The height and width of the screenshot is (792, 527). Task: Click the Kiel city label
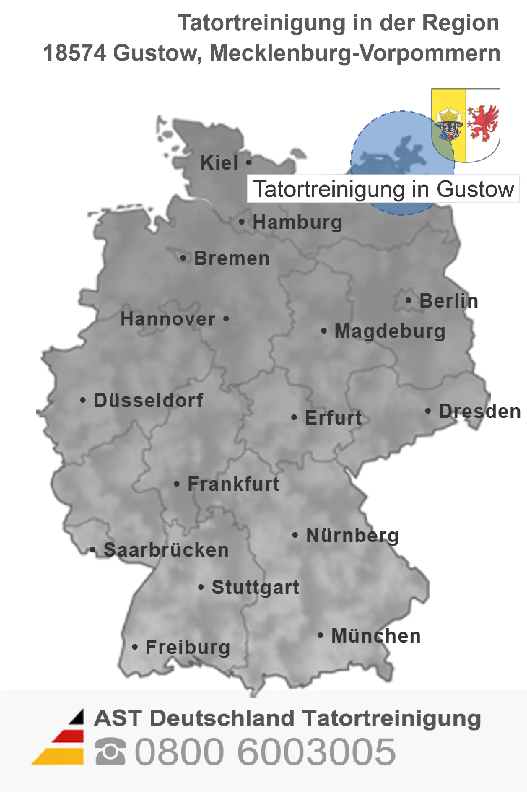tap(219, 163)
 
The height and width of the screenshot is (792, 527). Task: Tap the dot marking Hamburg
tap(241, 222)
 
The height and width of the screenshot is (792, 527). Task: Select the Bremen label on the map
tap(232, 258)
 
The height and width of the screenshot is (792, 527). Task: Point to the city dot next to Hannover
tap(226, 319)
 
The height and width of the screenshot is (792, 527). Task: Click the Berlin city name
tap(449, 301)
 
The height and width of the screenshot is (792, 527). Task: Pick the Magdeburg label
tap(390, 331)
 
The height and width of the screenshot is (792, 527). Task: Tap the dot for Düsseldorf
tap(83, 400)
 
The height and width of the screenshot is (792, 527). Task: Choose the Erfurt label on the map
tap(333, 418)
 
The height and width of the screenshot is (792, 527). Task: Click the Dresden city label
tap(480, 411)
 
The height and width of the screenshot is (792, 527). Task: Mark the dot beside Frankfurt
tap(177, 484)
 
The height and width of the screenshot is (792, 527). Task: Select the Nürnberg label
tap(352, 535)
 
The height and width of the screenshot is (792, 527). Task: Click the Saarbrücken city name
tap(166, 550)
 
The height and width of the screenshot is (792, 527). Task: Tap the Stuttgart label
tap(255, 587)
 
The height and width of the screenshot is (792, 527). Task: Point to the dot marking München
tap(320, 635)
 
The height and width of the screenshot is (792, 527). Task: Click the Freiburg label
tap(188, 647)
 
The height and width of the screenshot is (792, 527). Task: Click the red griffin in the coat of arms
tap(483, 123)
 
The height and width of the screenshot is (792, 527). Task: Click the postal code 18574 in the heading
tap(74, 53)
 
